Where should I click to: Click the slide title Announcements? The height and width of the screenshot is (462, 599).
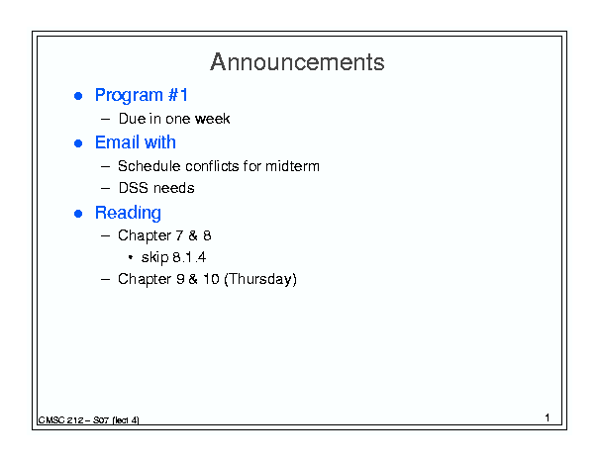(297, 62)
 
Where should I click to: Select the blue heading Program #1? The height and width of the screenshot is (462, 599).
(142, 95)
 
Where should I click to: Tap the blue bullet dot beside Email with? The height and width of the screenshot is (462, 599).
(78, 143)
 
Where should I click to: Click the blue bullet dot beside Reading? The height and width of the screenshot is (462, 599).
(78, 214)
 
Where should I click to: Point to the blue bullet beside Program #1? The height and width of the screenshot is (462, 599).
(78, 96)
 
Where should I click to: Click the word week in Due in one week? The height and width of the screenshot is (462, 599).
(213, 119)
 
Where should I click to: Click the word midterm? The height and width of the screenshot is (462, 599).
(292, 166)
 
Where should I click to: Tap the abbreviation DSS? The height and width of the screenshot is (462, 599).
(133, 188)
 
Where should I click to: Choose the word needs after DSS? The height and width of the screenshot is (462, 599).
(173, 188)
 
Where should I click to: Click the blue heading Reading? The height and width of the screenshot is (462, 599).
(128, 213)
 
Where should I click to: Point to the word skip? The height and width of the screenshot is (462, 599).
(154, 257)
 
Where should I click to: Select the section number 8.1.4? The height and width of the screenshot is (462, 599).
(189, 257)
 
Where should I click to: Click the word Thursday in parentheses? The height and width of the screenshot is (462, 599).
(260, 279)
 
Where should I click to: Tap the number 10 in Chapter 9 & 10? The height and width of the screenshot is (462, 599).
(211, 279)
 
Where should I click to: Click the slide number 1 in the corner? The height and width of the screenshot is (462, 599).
(548, 417)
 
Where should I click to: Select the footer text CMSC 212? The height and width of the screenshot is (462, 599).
(60, 420)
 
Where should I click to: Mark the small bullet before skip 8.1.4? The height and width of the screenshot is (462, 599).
(131, 258)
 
